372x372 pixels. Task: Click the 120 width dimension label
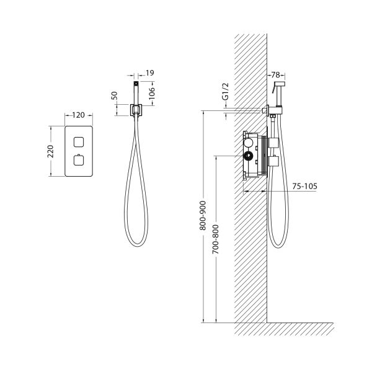tap(78, 115)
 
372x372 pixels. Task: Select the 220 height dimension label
tap(51, 151)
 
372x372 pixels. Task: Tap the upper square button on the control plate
tap(79, 142)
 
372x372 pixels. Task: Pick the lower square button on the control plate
tap(79, 160)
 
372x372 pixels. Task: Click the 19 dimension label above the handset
tap(150, 73)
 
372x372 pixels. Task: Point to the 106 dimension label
tap(151, 93)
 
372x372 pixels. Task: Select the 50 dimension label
tap(114, 95)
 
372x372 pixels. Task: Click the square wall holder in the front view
tap(136, 110)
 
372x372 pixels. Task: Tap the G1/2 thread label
tap(226, 91)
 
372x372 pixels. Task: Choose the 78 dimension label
tap(275, 75)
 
